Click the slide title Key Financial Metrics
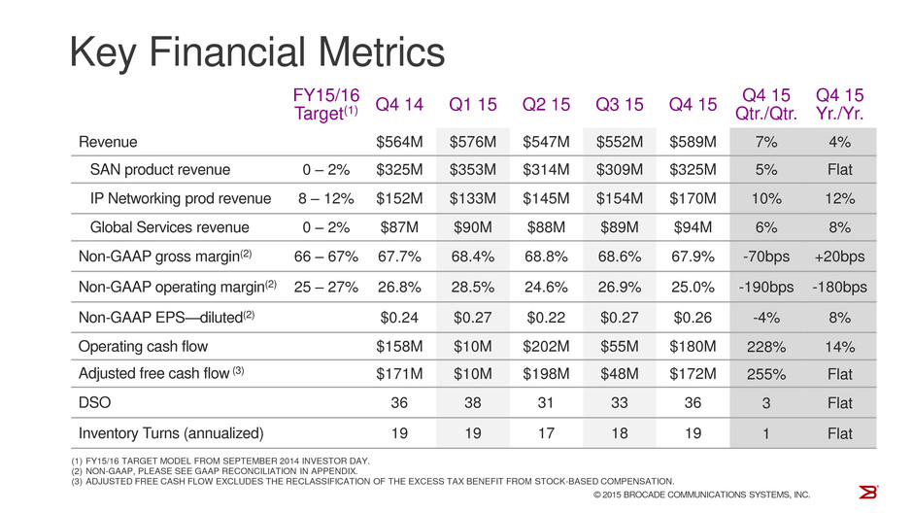pos(256,52)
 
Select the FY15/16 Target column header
pos(326,104)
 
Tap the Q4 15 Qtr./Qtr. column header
pos(766,104)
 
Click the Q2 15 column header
pos(546,104)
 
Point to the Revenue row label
pos(108,142)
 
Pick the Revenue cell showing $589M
pos(693,142)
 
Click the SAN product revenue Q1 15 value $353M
pos(473,170)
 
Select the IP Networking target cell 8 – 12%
pos(326,198)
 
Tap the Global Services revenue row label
pos(169,227)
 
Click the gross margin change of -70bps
pos(766,256)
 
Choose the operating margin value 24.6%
pos(546,287)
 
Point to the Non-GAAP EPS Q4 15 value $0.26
pos(693,318)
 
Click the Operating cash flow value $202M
pos(546,347)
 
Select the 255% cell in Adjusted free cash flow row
pos(766,374)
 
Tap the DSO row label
pos(94,403)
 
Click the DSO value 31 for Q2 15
pos(546,403)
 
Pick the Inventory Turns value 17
pos(546,433)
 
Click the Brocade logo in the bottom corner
pos(867,492)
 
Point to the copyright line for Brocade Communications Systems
pos(701,495)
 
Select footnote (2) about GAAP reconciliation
pos(215,471)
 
